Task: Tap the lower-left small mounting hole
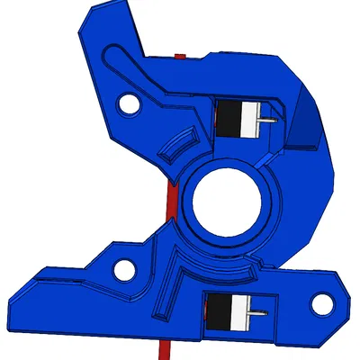[x=122, y=267]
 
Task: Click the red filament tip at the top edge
[x=180, y=57]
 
